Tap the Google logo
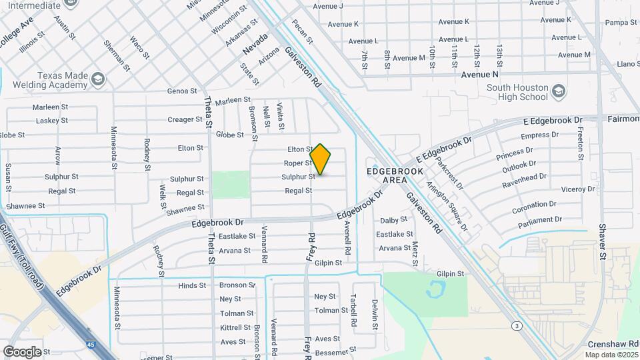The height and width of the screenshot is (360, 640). pos(23,351)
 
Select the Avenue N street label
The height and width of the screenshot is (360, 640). pos(480,75)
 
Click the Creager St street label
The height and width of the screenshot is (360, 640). pos(185,120)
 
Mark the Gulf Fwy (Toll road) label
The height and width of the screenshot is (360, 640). pos(22,252)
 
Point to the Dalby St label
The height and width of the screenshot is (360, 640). pos(393,220)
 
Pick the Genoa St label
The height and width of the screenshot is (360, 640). pos(183,91)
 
